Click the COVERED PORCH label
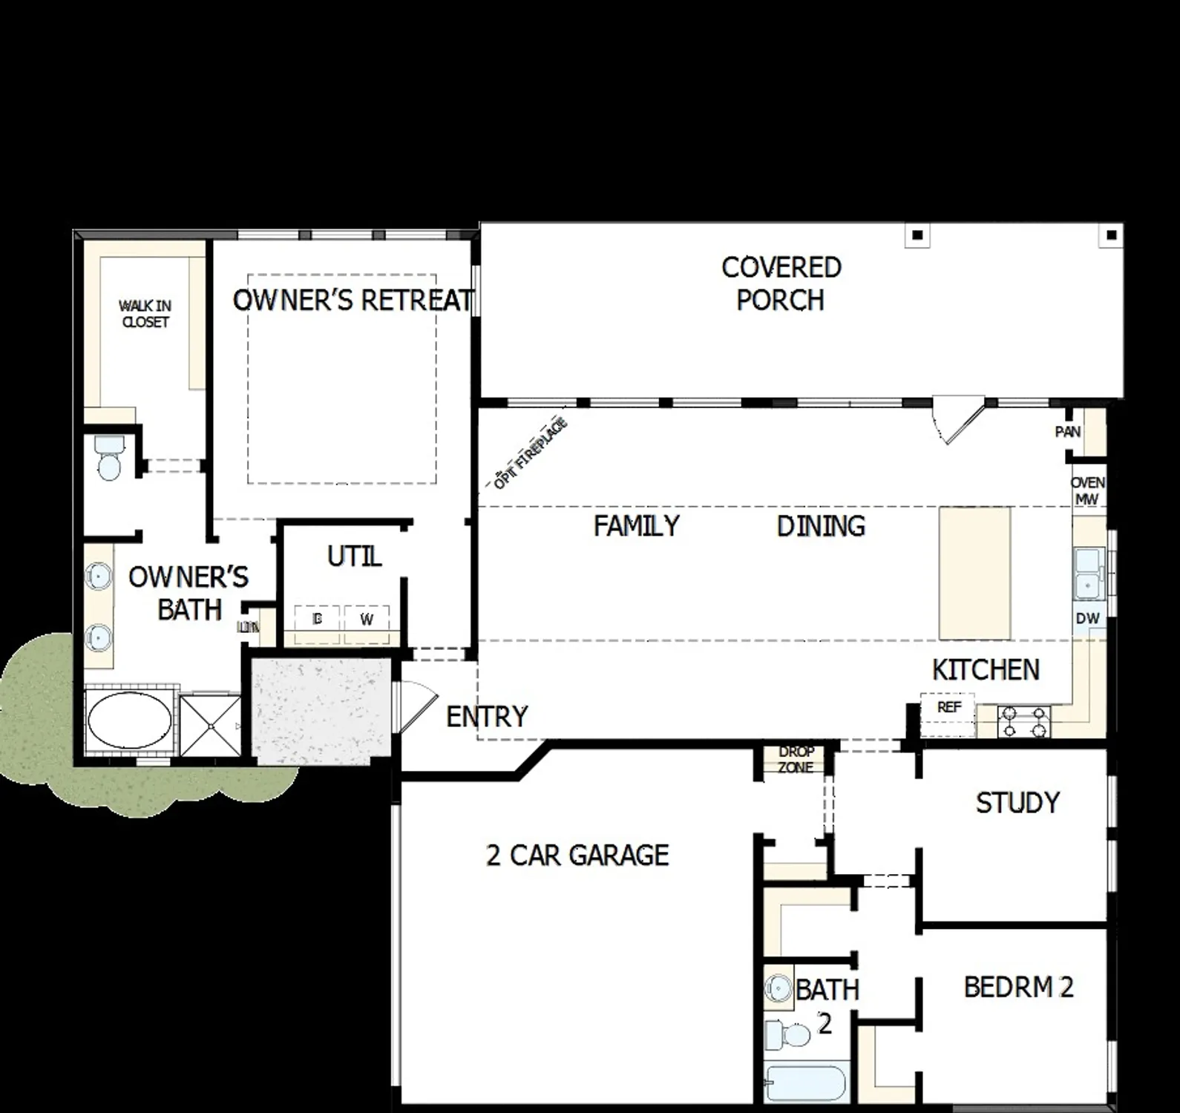pos(781,284)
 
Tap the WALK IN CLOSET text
pos(145,314)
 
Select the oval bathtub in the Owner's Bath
pos(130,719)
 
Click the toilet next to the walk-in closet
pos(110,459)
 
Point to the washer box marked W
pos(367,620)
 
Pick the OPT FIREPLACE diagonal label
pos(530,453)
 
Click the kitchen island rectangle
pos(974,573)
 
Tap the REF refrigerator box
pos(949,707)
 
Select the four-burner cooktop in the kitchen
pos(1024,721)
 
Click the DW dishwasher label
pos(1087,619)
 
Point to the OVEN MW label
pos(1087,490)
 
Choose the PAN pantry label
pos(1068,432)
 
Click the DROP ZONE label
pos(796,760)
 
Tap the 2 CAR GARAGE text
pos(577,856)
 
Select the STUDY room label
pos(1017,803)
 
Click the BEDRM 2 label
pos(1018,988)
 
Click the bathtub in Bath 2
pos(806,1084)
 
